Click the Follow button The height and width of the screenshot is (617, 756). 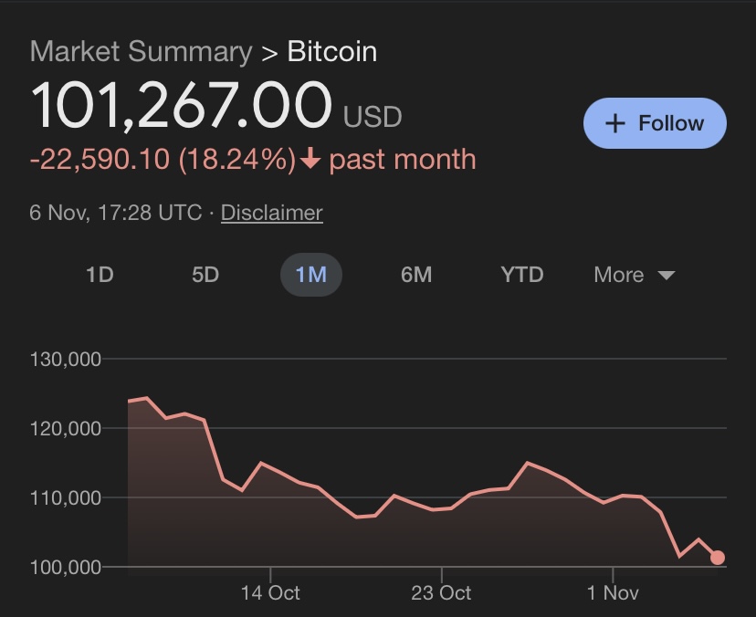point(655,123)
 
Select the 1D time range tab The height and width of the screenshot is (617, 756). point(100,275)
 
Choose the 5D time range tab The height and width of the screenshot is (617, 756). point(205,275)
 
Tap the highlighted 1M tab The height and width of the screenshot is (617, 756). point(310,275)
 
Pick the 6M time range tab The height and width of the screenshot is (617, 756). point(416,275)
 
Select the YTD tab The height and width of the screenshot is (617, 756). point(522,275)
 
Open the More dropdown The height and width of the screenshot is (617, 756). point(634,275)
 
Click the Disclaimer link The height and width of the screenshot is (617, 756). point(271,213)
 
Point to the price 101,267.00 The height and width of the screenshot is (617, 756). point(181,106)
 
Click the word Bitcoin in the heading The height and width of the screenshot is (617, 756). point(331,51)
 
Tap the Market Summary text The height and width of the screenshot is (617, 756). point(141,51)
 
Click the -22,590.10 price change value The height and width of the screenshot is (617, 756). point(100,160)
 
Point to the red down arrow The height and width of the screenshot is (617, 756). point(310,160)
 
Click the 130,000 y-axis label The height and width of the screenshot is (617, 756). point(65,359)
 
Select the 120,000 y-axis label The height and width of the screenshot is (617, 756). point(65,428)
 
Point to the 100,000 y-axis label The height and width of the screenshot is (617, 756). point(65,567)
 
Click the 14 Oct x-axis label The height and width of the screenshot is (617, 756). point(270,593)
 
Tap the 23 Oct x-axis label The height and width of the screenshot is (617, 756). point(441,593)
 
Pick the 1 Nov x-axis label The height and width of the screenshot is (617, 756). point(613,593)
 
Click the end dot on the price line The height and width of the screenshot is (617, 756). point(718,558)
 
